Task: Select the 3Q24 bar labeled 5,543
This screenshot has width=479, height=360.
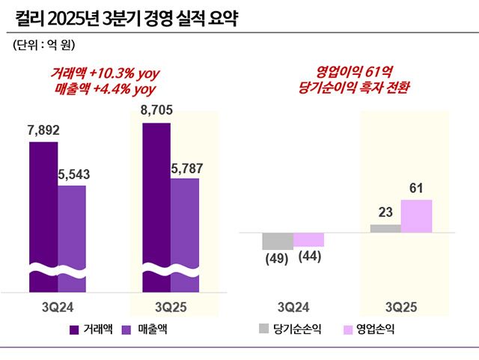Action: [72, 238]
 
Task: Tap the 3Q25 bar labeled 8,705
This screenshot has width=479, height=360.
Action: [156, 207]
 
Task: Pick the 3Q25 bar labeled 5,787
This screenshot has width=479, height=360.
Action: [185, 234]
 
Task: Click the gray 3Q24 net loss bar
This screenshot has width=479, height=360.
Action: [277, 241]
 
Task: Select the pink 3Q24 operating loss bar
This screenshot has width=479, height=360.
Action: [308, 240]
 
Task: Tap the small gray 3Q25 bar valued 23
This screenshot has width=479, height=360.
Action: [385, 228]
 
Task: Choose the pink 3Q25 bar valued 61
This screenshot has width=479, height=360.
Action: [417, 216]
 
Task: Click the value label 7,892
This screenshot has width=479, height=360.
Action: [43, 130]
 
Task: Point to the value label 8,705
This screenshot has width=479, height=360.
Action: [156, 112]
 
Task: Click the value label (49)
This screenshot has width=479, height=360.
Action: [277, 259]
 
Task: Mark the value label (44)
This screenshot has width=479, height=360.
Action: [309, 256]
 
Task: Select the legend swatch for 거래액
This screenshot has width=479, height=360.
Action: [74, 329]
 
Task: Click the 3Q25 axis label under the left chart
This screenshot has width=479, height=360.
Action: [174, 307]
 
